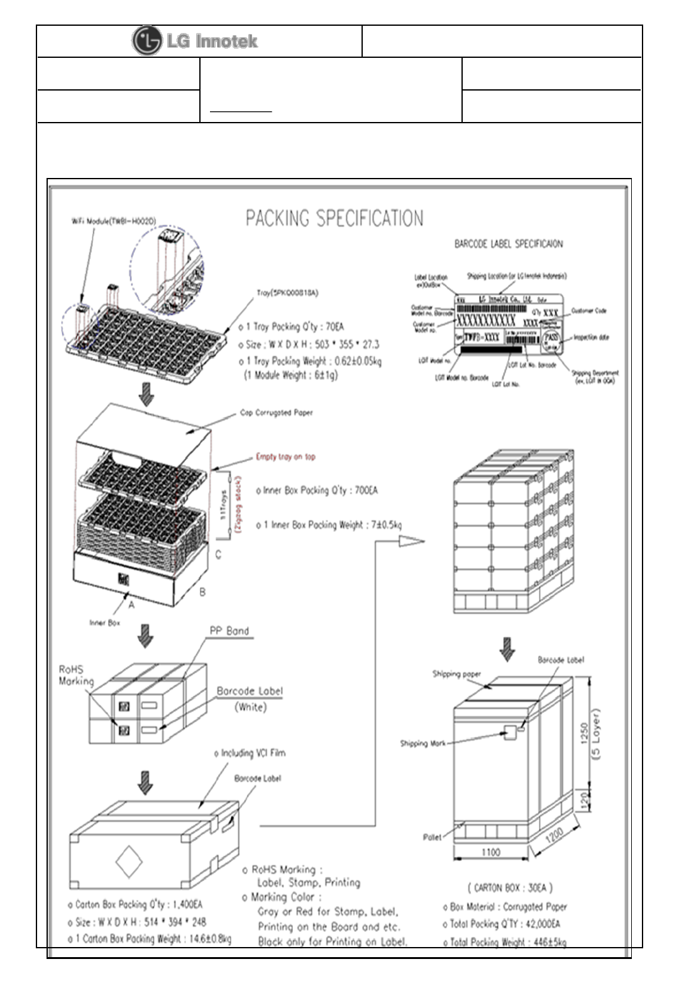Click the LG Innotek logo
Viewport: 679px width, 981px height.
coord(195,42)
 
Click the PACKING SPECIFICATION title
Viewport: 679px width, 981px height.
coord(334,219)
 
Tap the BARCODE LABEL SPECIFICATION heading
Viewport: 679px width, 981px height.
coord(508,244)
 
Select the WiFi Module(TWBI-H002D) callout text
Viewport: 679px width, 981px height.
coord(113,221)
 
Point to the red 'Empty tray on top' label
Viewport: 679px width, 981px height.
coord(285,457)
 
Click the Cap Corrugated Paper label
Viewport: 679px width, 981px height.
coord(276,413)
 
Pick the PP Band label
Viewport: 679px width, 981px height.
coord(229,631)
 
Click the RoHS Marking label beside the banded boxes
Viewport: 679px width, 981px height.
coord(76,675)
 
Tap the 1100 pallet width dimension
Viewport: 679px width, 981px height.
coord(490,852)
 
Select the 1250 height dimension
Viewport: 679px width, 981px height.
coord(584,733)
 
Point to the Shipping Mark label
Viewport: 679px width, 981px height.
coord(422,743)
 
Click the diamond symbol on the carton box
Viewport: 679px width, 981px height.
coord(129,862)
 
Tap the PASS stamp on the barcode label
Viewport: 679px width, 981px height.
coord(551,338)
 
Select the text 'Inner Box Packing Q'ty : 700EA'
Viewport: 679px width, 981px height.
coord(317,490)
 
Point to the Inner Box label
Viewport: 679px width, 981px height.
coord(104,623)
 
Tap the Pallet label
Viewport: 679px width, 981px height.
coord(432,837)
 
